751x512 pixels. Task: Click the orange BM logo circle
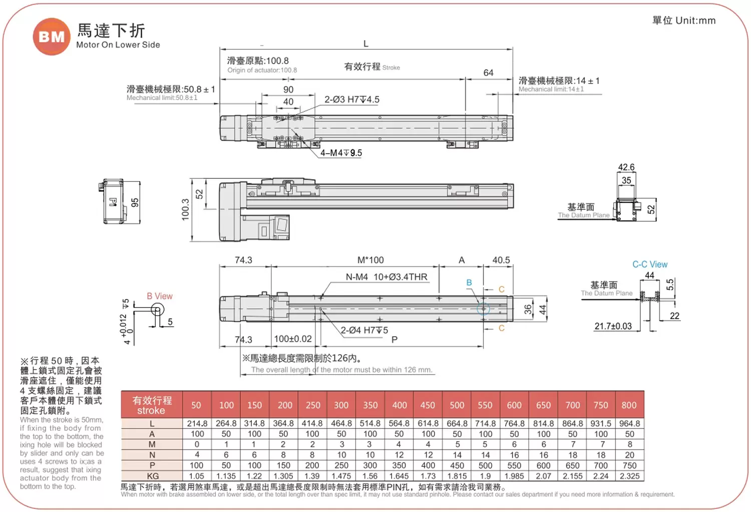[52, 37]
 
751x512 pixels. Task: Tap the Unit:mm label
[695, 21]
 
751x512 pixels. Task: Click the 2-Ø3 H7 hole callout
[351, 100]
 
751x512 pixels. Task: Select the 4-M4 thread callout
[341, 153]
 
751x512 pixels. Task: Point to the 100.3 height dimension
[185, 209]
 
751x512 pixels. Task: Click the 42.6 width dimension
[626, 167]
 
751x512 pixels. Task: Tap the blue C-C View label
[649, 264]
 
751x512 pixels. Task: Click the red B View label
[159, 296]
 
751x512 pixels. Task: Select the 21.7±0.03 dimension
[613, 326]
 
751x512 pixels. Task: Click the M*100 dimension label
[370, 260]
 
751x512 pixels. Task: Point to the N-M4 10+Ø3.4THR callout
[387, 277]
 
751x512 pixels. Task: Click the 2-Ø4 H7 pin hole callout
[364, 330]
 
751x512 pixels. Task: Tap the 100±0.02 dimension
[293, 339]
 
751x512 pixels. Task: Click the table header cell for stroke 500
[457, 405]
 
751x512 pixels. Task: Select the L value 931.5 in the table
[601, 423]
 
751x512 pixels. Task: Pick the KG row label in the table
[152, 476]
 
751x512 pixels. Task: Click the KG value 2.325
[629, 476]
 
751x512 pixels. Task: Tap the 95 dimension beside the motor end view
[135, 202]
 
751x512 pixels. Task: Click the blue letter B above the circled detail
[469, 283]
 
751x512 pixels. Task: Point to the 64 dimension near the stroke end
[488, 73]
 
